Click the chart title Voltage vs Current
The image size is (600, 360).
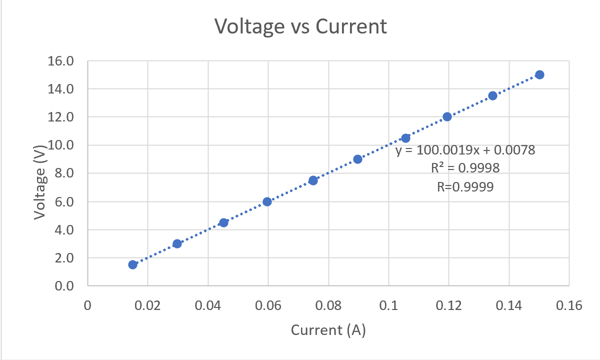click(x=300, y=26)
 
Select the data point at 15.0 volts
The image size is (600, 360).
click(x=539, y=74)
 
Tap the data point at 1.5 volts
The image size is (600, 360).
click(x=132, y=264)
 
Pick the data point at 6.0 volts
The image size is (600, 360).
click(x=267, y=201)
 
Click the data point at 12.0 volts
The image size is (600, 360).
click(x=447, y=116)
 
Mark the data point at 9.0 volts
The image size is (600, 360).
click(x=357, y=159)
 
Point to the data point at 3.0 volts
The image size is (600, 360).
click(x=177, y=243)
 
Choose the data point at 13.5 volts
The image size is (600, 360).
click(x=492, y=95)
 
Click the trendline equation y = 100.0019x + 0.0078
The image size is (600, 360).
click(x=465, y=150)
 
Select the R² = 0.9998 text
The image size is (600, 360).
click(x=465, y=168)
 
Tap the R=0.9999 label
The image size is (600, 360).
click(x=465, y=187)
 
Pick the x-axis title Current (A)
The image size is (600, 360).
click(x=328, y=330)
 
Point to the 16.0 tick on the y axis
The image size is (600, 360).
click(x=61, y=61)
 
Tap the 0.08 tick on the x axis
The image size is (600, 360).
click(x=328, y=305)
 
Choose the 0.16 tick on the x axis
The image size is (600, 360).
click(x=569, y=305)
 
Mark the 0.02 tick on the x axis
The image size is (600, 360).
click(x=148, y=305)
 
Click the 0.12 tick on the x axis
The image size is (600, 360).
click(x=448, y=305)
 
